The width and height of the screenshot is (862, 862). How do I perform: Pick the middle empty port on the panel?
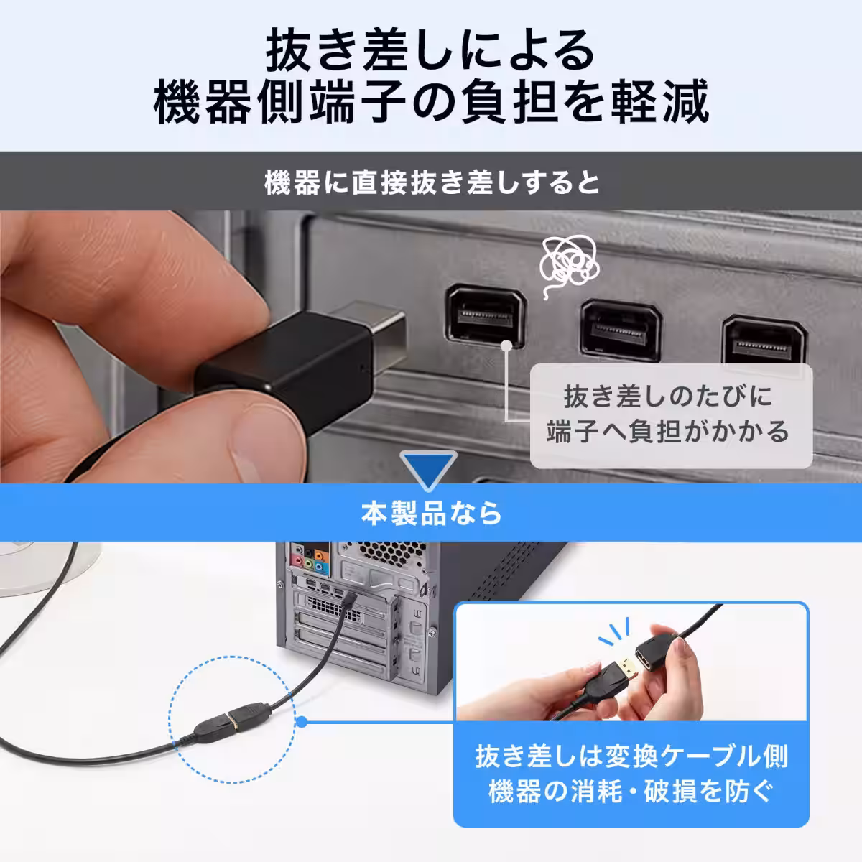[x=621, y=330]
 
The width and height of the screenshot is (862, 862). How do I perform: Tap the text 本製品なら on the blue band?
[x=431, y=513]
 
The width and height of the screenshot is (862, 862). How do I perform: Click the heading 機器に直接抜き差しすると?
[x=431, y=182]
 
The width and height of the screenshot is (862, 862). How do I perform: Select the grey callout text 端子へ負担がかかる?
[x=668, y=432]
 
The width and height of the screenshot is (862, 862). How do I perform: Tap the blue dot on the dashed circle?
[x=302, y=721]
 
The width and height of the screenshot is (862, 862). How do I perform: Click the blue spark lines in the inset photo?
[x=615, y=631]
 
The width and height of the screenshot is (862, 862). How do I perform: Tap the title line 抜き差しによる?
[x=430, y=50]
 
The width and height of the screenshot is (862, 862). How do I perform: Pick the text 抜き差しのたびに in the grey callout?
[x=668, y=397]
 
